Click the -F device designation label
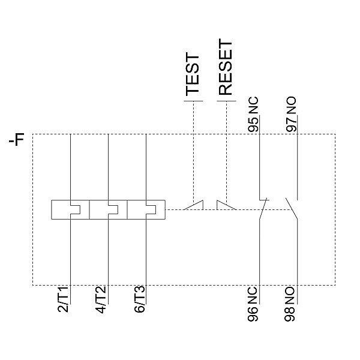(18, 142)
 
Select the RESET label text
(225, 68)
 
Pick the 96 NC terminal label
(254, 304)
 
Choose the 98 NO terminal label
(291, 304)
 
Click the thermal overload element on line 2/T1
(71, 209)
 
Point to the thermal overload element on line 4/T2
(107, 209)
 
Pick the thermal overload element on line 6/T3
(145, 209)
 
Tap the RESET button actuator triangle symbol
(226, 205)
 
